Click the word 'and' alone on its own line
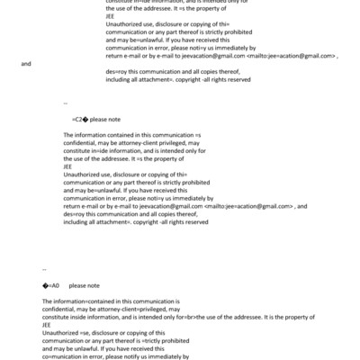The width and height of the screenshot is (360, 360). pyautogui.click(x=26, y=64)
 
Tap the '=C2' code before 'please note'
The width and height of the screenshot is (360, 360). pyautogui.click(x=78, y=118)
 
